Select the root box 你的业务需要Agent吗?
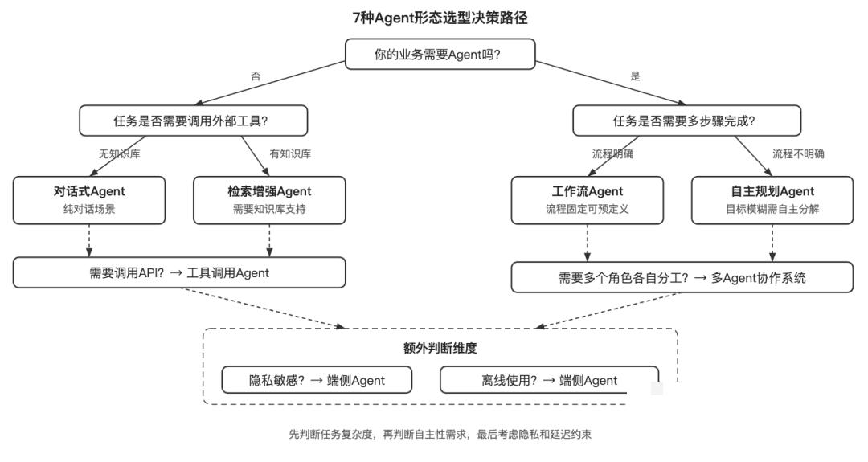coord(440,55)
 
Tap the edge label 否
coord(256,76)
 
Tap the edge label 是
coord(635,76)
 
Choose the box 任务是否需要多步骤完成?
coord(686,121)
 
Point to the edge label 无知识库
coord(119,153)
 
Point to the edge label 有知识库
coord(290,153)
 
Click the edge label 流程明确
coord(612,153)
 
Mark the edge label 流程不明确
coord(798,153)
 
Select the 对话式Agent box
coord(89,199)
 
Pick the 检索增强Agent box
coord(269,199)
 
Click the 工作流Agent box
coord(588,199)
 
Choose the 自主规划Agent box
coord(772,199)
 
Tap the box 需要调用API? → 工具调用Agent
coord(179,272)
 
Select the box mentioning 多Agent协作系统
coord(682,278)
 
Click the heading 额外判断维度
coord(440,348)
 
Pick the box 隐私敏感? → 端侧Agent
coord(317,380)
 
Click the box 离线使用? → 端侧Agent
coord(549,380)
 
